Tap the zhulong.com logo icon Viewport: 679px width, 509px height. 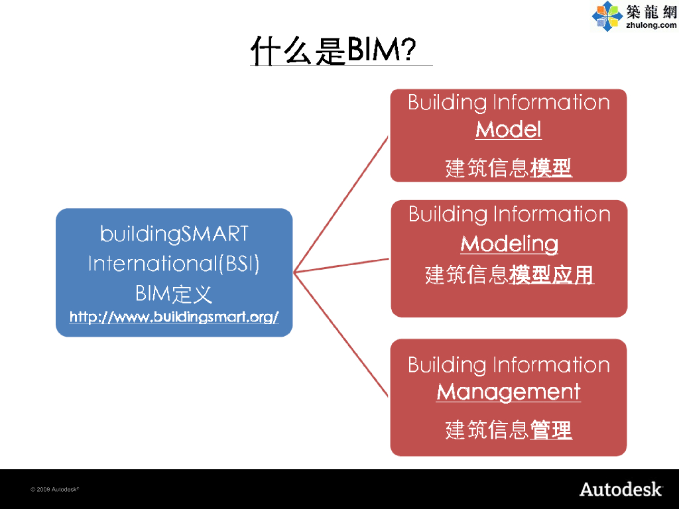[607, 17]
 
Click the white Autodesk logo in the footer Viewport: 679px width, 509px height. [621, 489]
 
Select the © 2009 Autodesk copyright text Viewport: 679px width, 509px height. [55, 489]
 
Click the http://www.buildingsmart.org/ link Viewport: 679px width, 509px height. [174, 317]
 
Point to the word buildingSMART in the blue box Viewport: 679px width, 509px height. [174, 233]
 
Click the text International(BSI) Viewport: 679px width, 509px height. [174, 264]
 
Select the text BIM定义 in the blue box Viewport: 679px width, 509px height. [174, 293]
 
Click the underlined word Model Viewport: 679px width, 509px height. [509, 129]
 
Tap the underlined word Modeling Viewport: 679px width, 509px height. [509, 243]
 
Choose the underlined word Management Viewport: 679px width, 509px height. [509, 391]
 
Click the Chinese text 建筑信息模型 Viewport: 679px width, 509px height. [509, 168]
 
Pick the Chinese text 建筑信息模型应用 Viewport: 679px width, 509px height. [509, 274]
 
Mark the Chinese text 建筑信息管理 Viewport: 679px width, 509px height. [509, 430]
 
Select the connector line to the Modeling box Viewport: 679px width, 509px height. [342, 265]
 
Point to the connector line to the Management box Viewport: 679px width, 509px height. [341, 335]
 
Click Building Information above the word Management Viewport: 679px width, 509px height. [509, 365]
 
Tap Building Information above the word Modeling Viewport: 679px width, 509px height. [509, 214]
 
